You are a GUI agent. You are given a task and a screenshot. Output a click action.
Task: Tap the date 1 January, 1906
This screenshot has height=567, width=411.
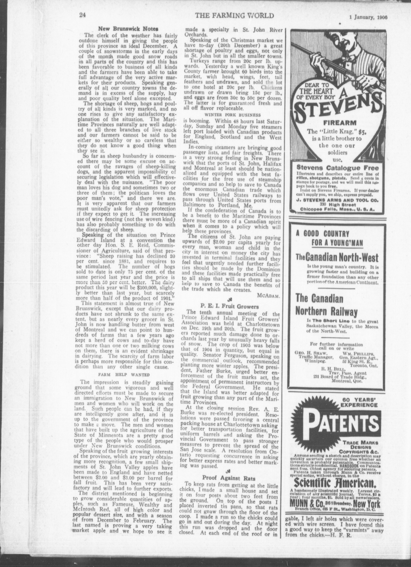point(368,17)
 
